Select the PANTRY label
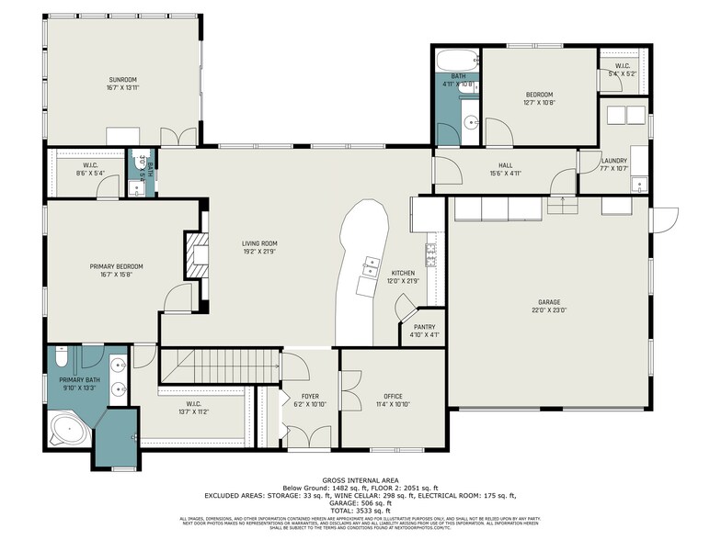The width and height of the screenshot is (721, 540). tap(424, 326)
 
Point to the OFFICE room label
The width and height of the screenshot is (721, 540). tap(393, 397)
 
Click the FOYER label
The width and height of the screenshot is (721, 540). tap(309, 397)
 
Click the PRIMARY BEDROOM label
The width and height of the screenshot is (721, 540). tap(116, 266)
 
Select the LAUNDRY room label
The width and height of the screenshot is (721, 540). tap(614, 161)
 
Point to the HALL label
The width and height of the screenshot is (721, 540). tap(500, 165)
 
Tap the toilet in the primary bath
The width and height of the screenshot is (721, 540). tap(62, 354)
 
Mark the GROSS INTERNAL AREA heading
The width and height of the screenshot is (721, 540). tap(360, 480)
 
